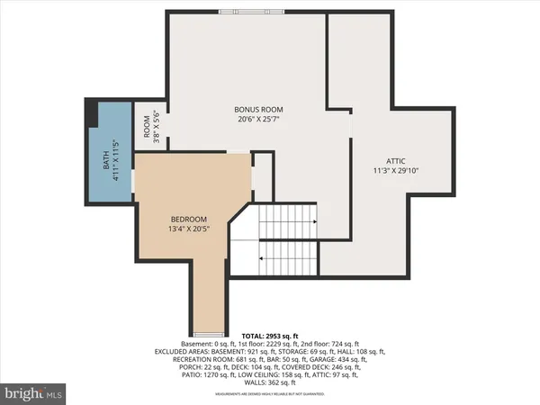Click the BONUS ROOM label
(254, 109)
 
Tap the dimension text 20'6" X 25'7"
(254, 119)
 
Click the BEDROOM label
(190, 220)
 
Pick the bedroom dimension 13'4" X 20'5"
(190, 229)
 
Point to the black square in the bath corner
(90, 113)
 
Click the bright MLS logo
(34, 393)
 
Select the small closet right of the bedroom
(261, 175)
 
